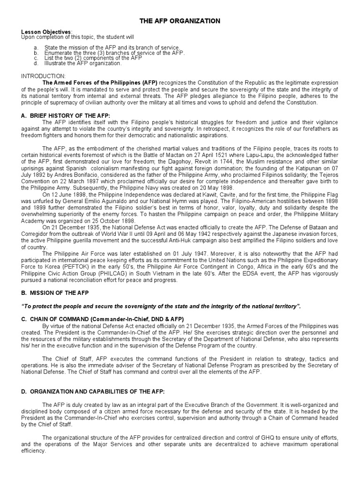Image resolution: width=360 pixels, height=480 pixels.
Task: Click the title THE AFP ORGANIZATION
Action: (x=180, y=21)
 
